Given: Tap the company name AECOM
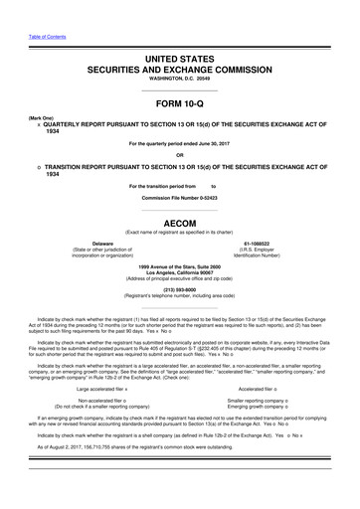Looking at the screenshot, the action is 179,225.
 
